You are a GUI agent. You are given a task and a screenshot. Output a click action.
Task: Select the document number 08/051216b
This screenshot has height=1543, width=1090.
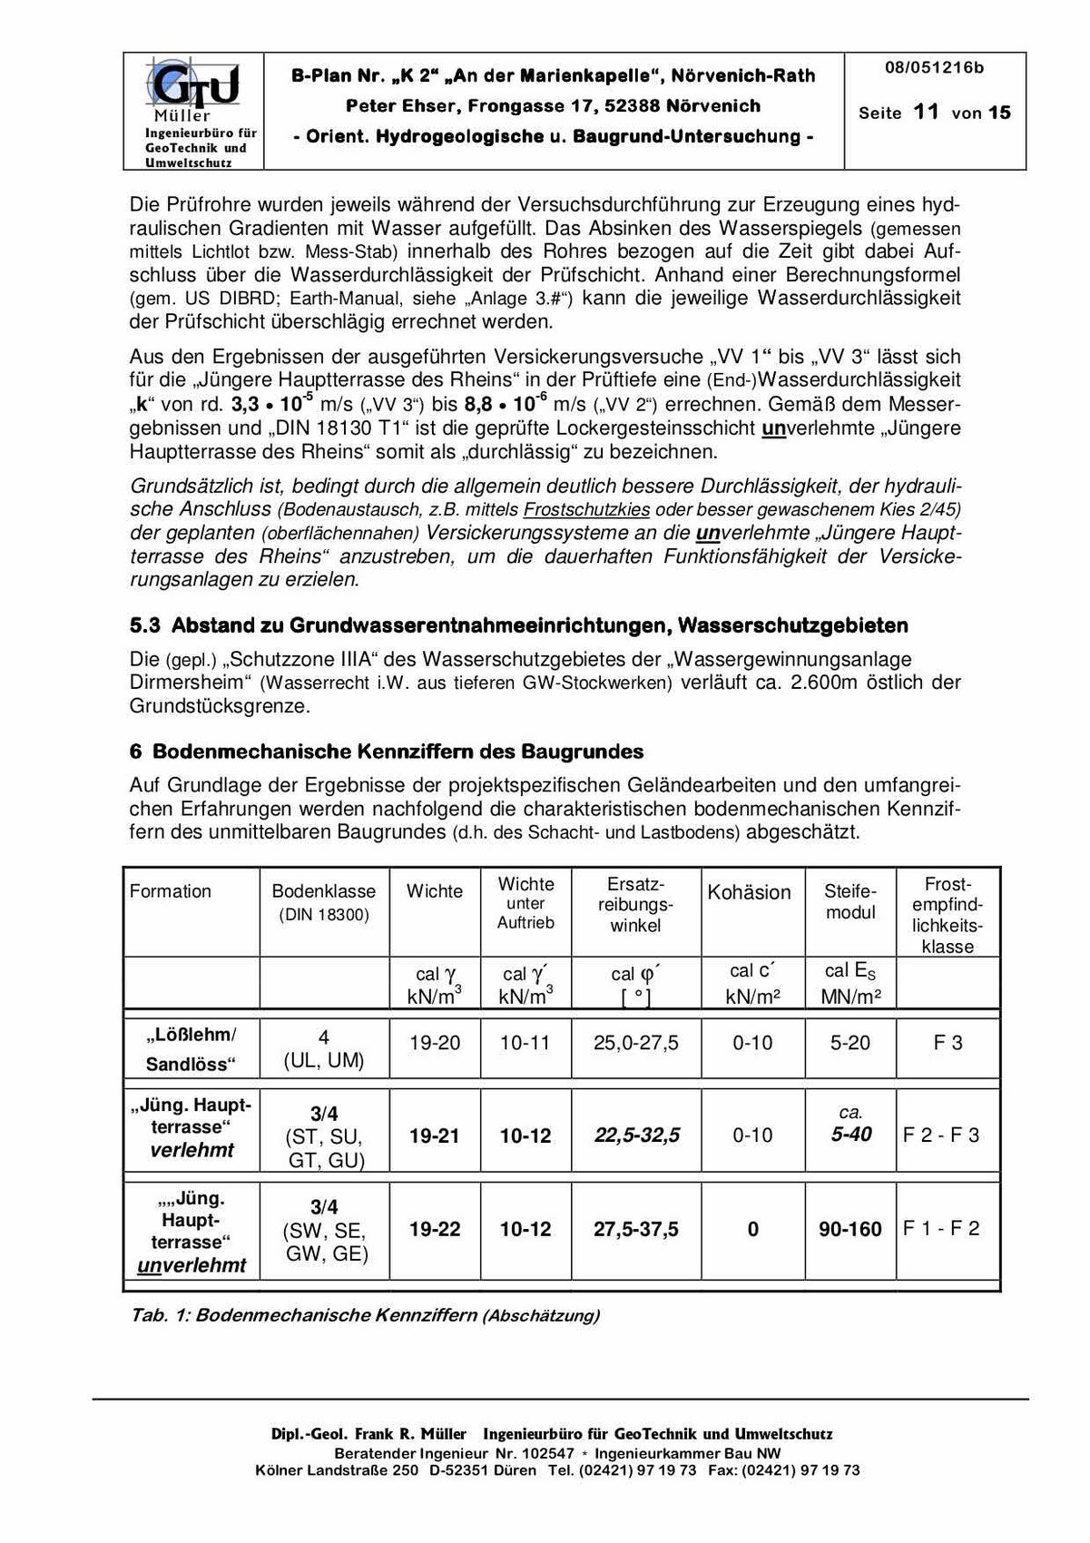click(934, 68)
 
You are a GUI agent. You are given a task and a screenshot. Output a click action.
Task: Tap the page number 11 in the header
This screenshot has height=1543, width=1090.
click(926, 113)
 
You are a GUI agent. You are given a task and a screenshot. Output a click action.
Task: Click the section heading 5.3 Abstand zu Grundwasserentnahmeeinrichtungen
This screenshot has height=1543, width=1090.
click(518, 625)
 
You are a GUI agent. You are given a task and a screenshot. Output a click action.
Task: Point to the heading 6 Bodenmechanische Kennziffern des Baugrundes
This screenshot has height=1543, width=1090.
click(387, 752)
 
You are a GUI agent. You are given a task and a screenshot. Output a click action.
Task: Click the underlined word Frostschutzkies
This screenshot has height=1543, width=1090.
click(586, 509)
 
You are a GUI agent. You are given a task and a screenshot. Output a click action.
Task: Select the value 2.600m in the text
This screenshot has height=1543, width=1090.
click(823, 683)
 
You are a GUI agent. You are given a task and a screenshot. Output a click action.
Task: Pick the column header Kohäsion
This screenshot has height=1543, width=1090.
click(749, 892)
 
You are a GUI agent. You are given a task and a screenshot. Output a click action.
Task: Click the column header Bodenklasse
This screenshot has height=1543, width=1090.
click(323, 891)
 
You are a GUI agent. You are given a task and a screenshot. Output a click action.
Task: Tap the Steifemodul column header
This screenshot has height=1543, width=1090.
click(850, 901)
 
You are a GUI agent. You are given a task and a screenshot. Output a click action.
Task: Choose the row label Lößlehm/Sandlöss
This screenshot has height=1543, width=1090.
click(191, 1049)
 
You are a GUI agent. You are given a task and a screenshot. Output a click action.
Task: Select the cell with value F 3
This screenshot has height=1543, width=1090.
click(948, 1043)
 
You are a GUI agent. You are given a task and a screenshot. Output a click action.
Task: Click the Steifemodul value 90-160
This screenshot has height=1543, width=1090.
click(849, 1230)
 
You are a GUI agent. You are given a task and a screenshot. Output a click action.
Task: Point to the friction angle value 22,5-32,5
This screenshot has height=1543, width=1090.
click(637, 1135)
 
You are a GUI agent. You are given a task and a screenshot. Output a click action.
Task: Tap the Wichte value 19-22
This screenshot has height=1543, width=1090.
click(435, 1230)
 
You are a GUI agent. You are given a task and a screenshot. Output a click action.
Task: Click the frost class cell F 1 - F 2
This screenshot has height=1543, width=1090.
click(941, 1229)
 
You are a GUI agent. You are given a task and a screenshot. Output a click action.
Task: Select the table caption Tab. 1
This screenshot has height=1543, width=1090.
click(365, 1315)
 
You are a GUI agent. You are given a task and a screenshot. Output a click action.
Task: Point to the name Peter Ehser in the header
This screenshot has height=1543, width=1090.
click(400, 106)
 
